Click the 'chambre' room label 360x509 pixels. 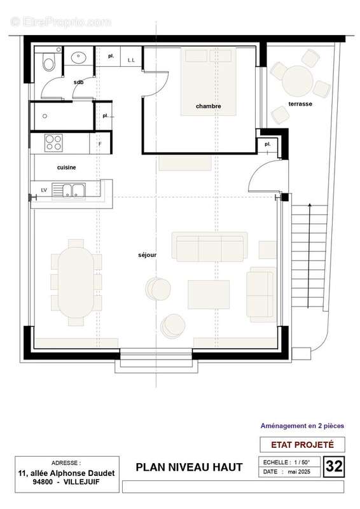point(208,106)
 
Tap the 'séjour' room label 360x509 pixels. point(147,255)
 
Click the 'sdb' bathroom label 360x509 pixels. point(78,82)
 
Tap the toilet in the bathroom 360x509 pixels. point(48,62)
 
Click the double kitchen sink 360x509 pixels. point(71,189)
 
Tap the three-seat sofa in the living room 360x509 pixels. point(208,247)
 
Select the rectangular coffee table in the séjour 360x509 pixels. point(208,292)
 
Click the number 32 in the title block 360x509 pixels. point(335,466)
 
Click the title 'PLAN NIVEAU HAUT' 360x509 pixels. point(189,467)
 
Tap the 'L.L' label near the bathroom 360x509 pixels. point(132,60)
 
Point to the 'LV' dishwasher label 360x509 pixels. point(43,190)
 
